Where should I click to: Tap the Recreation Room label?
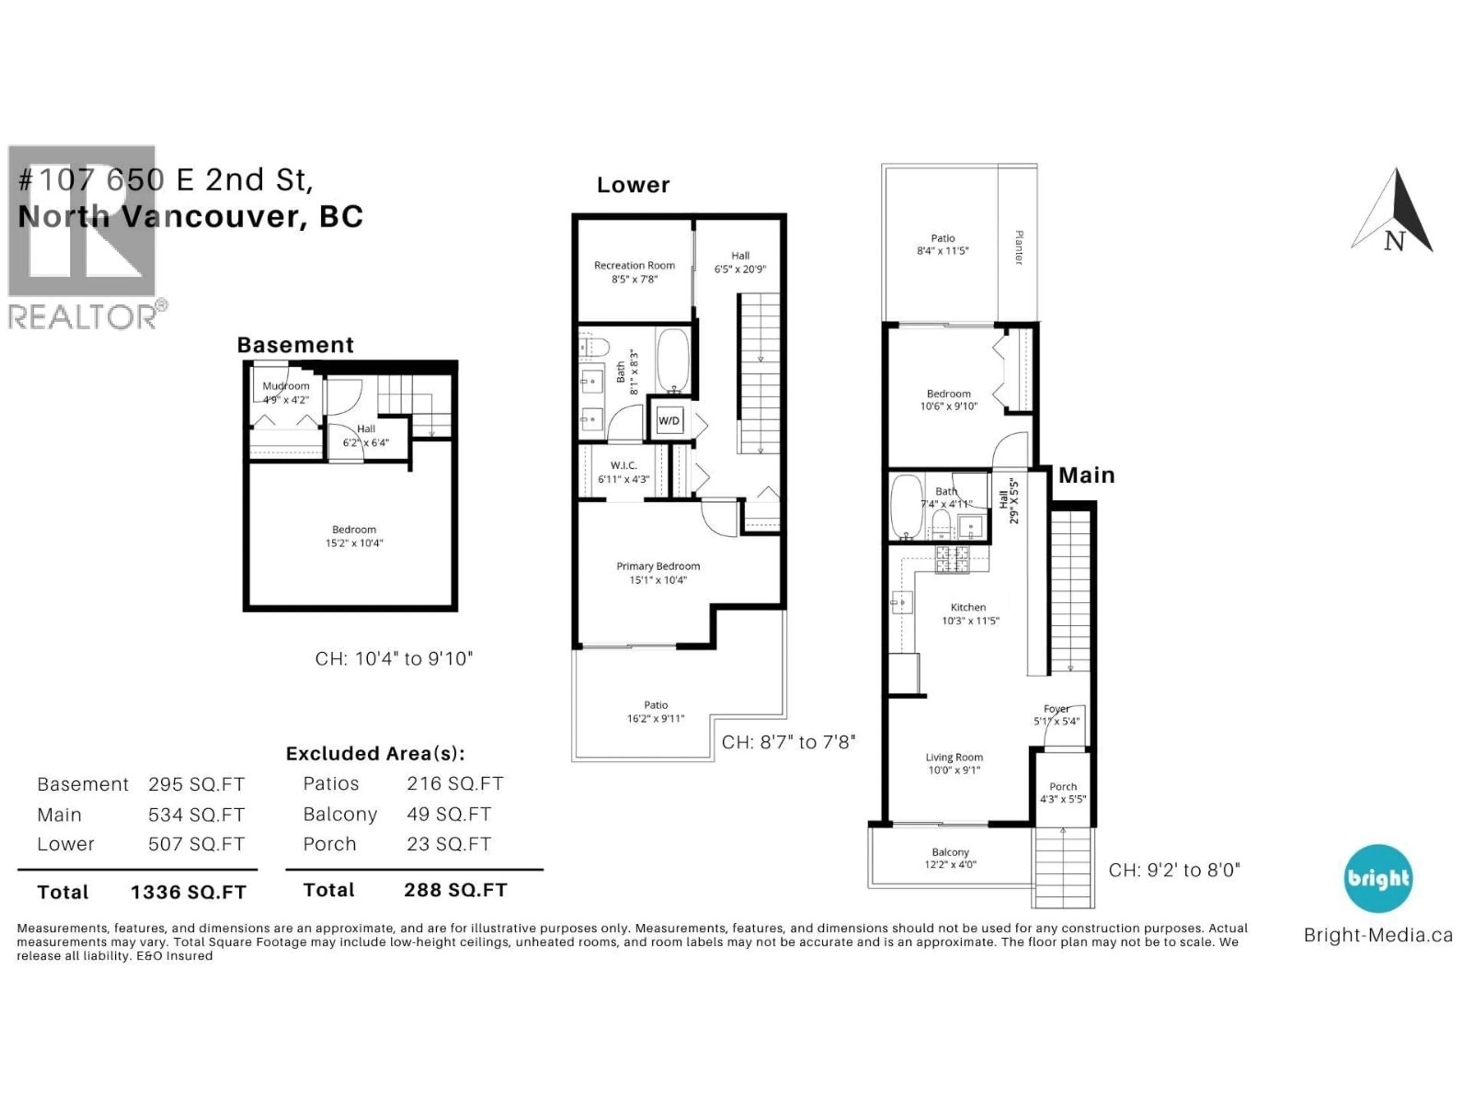click(634, 265)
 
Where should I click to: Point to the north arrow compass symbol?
click(1394, 213)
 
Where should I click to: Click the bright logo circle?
click(1378, 878)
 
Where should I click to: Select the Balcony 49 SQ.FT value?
click(449, 815)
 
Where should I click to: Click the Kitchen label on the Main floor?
click(968, 607)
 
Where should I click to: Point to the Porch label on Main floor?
click(1063, 787)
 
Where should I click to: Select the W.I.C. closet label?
click(624, 465)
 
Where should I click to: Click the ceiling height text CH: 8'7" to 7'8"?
click(788, 742)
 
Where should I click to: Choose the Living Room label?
click(953, 757)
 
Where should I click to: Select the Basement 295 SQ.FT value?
click(196, 784)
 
